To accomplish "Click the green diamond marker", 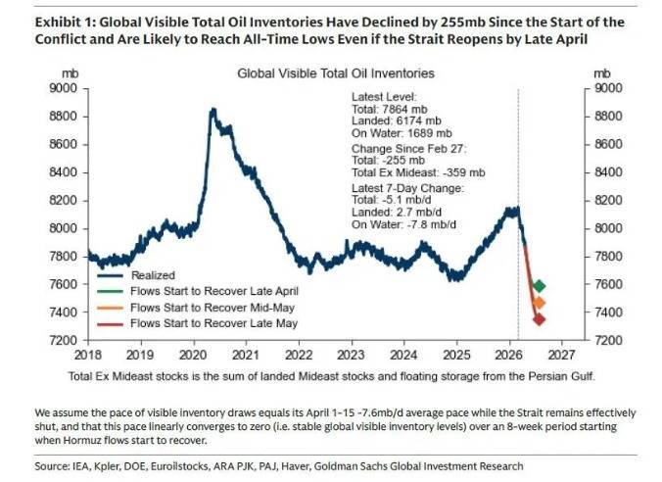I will [x=539, y=286].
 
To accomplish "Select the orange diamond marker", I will [x=539, y=304].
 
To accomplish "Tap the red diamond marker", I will [x=539, y=319].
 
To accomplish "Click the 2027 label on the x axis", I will [x=566, y=354].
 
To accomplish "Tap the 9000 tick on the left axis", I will [x=67, y=88].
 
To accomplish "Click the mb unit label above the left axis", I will [x=71, y=73].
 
